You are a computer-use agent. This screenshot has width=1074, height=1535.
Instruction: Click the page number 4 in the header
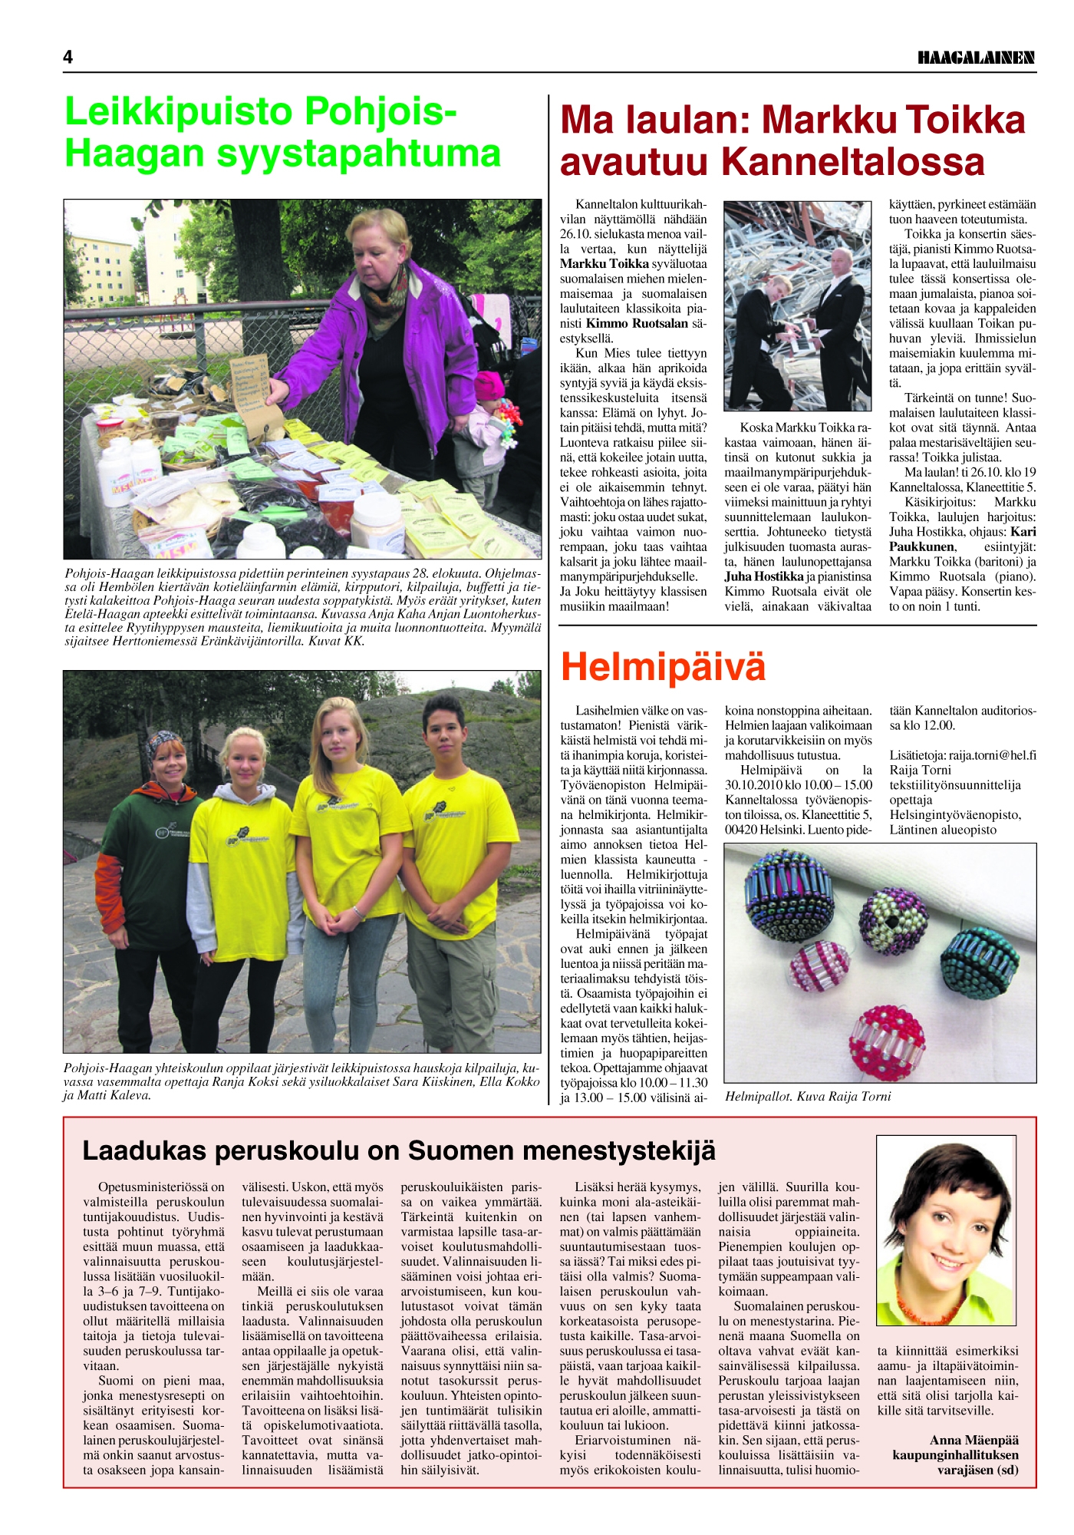click(x=68, y=58)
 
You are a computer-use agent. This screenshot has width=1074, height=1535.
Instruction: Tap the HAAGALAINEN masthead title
click(x=976, y=58)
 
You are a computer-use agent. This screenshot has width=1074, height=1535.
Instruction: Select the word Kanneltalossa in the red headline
click(x=853, y=162)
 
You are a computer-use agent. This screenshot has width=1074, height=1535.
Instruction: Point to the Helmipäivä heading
click(x=663, y=666)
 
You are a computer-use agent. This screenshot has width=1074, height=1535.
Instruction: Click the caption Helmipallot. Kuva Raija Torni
click(x=808, y=1097)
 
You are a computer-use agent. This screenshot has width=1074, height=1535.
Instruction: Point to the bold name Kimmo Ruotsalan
click(x=637, y=324)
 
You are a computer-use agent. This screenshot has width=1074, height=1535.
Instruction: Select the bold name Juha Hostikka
click(x=764, y=576)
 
